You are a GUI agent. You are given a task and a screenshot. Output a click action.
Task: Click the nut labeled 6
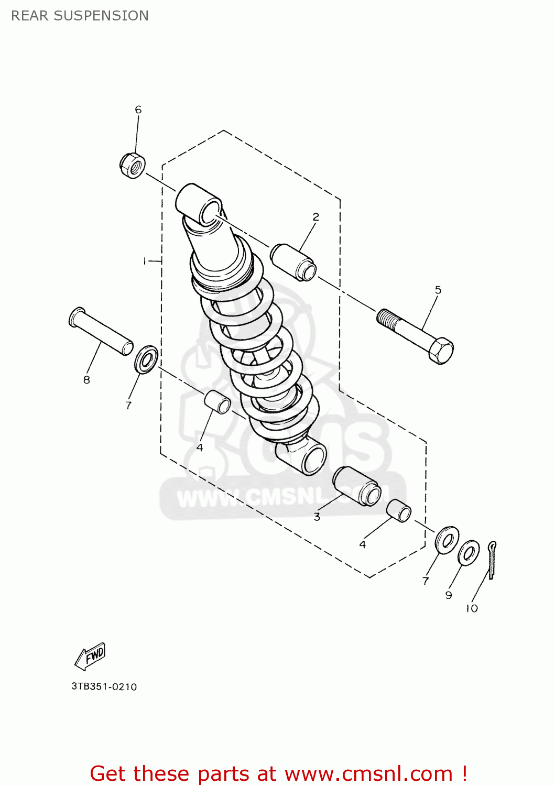click(x=132, y=165)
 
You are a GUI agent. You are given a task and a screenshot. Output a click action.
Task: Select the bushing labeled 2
click(x=293, y=261)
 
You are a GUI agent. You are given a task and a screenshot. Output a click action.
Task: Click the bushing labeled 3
click(x=357, y=486)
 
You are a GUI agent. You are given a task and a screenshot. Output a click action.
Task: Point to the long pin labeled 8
click(x=101, y=332)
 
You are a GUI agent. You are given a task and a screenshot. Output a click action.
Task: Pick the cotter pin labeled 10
click(x=492, y=560)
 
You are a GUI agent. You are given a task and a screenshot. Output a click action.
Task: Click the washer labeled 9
click(x=468, y=553)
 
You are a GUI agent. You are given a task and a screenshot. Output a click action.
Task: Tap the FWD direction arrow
click(x=91, y=656)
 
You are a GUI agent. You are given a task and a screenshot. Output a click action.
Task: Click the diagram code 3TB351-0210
click(x=104, y=686)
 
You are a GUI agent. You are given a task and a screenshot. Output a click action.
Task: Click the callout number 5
click(x=438, y=290)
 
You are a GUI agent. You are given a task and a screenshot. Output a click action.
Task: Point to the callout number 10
click(x=472, y=608)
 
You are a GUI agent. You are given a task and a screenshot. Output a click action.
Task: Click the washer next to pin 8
click(x=146, y=359)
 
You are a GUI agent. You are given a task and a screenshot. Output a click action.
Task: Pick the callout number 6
click(x=138, y=110)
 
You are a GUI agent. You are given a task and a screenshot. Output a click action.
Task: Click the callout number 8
click(x=86, y=380)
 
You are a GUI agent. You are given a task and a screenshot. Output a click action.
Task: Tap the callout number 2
click(x=316, y=216)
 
